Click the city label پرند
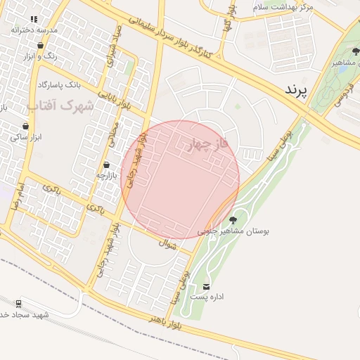tap(297, 90)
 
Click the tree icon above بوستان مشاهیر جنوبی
tap(233, 220)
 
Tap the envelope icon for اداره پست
tap(206, 286)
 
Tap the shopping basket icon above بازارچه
tap(106, 164)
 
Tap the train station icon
tap(18, 304)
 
